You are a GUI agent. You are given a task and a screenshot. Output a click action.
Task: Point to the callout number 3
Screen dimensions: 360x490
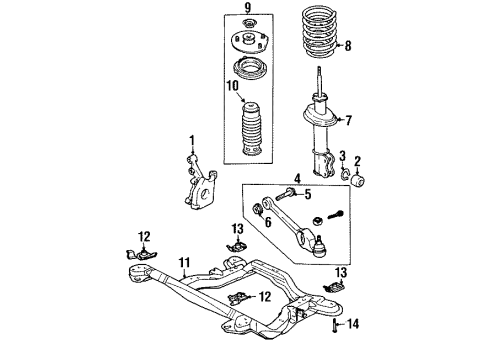tap(342, 157)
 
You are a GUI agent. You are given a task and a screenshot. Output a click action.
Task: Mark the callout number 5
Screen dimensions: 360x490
tap(307, 195)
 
